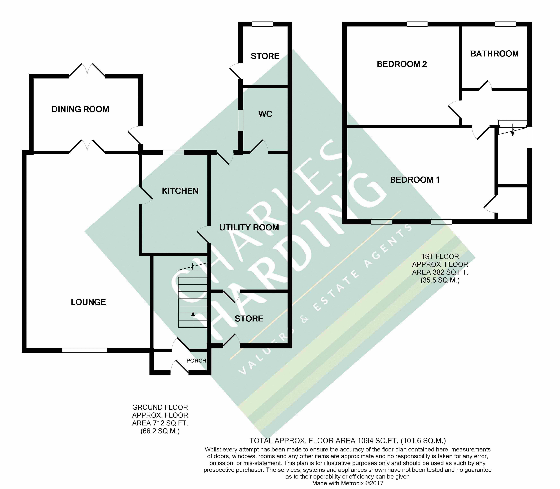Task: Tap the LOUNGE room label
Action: (x=88, y=302)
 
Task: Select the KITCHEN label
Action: (x=180, y=191)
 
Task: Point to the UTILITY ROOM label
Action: (x=249, y=227)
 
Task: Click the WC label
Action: (x=265, y=114)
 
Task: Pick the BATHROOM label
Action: (x=494, y=54)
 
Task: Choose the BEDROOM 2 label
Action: (x=402, y=64)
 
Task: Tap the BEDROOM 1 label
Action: (x=415, y=180)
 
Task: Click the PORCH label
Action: (x=196, y=360)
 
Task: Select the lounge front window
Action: (x=84, y=350)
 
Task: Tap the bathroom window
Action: (x=505, y=24)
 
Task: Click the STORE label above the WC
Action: (x=265, y=56)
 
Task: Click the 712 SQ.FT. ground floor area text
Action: (x=160, y=423)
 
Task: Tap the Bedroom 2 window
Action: (x=417, y=24)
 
